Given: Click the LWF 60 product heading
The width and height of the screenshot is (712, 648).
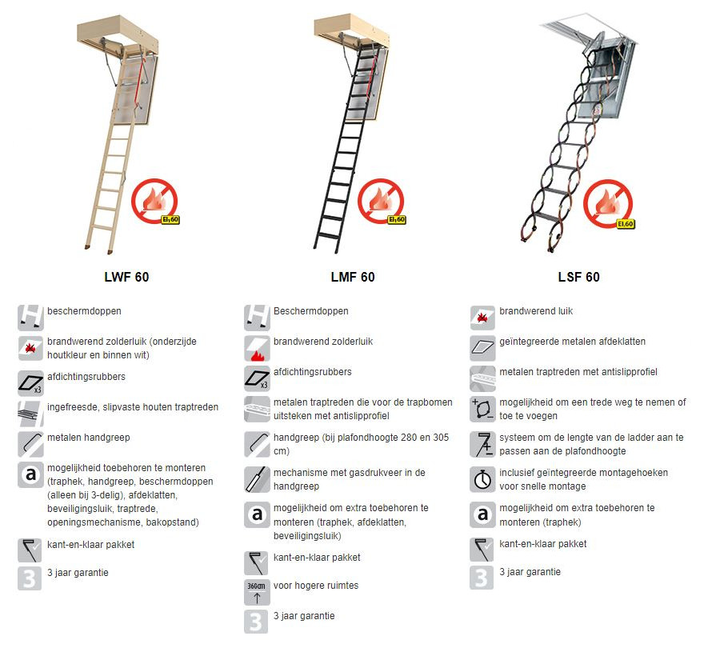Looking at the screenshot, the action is pyautogui.click(x=126, y=277).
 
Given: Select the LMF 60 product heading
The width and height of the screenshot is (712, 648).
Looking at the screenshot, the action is pyautogui.click(x=353, y=277).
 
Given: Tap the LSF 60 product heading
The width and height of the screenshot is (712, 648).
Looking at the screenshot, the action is pyautogui.click(x=578, y=277).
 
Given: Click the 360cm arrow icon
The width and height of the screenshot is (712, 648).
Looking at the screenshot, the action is pyautogui.click(x=257, y=592).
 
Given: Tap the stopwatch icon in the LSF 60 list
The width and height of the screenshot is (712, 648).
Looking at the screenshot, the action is pyautogui.click(x=482, y=479).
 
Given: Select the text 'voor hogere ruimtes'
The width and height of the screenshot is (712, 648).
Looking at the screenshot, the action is pyautogui.click(x=315, y=586).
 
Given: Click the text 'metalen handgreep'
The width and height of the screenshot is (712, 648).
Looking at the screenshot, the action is pyautogui.click(x=89, y=438).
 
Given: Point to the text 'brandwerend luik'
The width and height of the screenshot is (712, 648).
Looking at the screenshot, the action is pyautogui.click(x=536, y=311).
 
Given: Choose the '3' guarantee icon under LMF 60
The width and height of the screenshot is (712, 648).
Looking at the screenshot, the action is pyautogui.click(x=256, y=622).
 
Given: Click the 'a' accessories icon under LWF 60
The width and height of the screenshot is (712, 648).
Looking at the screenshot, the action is pyautogui.click(x=30, y=474).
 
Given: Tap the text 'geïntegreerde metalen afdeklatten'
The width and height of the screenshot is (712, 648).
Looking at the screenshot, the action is pyautogui.click(x=572, y=342).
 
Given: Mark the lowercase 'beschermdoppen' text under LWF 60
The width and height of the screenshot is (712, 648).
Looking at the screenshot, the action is pyautogui.click(x=84, y=311).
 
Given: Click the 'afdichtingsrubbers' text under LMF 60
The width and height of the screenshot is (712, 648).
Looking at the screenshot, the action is pyautogui.click(x=313, y=372).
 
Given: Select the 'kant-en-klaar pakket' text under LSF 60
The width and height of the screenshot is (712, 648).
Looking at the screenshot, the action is pyautogui.click(x=542, y=544).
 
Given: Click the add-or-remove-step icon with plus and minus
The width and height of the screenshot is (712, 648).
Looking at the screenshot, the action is pyautogui.click(x=482, y=409).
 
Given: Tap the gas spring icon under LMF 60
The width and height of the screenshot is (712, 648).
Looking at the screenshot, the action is pyautogui.click(x=257, y=479).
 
